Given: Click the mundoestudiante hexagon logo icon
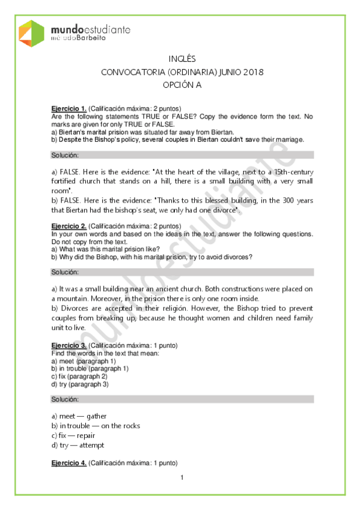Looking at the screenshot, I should coord(32,33).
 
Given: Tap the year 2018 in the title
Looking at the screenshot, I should coord(253,72).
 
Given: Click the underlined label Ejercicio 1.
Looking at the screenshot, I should coord(69,108).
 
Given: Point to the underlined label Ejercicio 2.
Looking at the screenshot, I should coord(69,226).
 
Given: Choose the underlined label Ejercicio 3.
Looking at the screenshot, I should coord(69,346).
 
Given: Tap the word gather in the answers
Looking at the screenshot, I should coord(96,416).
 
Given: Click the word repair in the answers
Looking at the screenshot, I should coord(85,435).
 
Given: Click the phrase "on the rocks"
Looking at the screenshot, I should coord(121,426).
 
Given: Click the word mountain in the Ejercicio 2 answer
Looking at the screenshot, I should coord(73,298).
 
